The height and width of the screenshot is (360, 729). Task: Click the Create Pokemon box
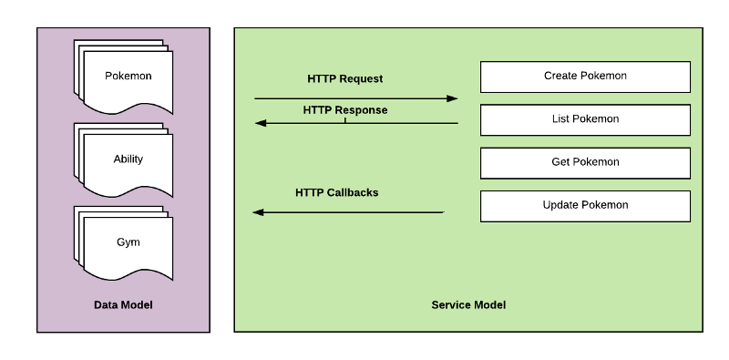[x=585, y=77]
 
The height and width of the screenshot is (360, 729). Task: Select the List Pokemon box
[x=585, y=119]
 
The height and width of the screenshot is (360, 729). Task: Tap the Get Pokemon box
[x=585, y=162]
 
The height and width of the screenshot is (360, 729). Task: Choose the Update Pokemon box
[x=585, y=205]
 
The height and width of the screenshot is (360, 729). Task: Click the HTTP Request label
[x=344, y=79]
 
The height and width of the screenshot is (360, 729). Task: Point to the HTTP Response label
[x=344, y=110]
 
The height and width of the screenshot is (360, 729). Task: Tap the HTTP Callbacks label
[x=336, y=193]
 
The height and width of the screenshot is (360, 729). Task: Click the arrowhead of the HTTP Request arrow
[x=452, y=98]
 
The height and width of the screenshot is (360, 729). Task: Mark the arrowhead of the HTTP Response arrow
[x=260, y=123]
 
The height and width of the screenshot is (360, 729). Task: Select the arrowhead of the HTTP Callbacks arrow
[x=259, y=212]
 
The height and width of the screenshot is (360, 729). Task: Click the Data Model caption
[x=123, y=304]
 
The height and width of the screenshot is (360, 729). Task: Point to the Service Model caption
[x=468, y=304]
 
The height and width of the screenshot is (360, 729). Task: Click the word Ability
[x=128, y=159]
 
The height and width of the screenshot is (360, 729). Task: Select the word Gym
[x=128, y=242]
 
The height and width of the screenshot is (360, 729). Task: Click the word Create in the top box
[x=560, y=77]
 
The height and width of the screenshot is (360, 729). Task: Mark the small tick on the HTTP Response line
[x=345, y=119]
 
